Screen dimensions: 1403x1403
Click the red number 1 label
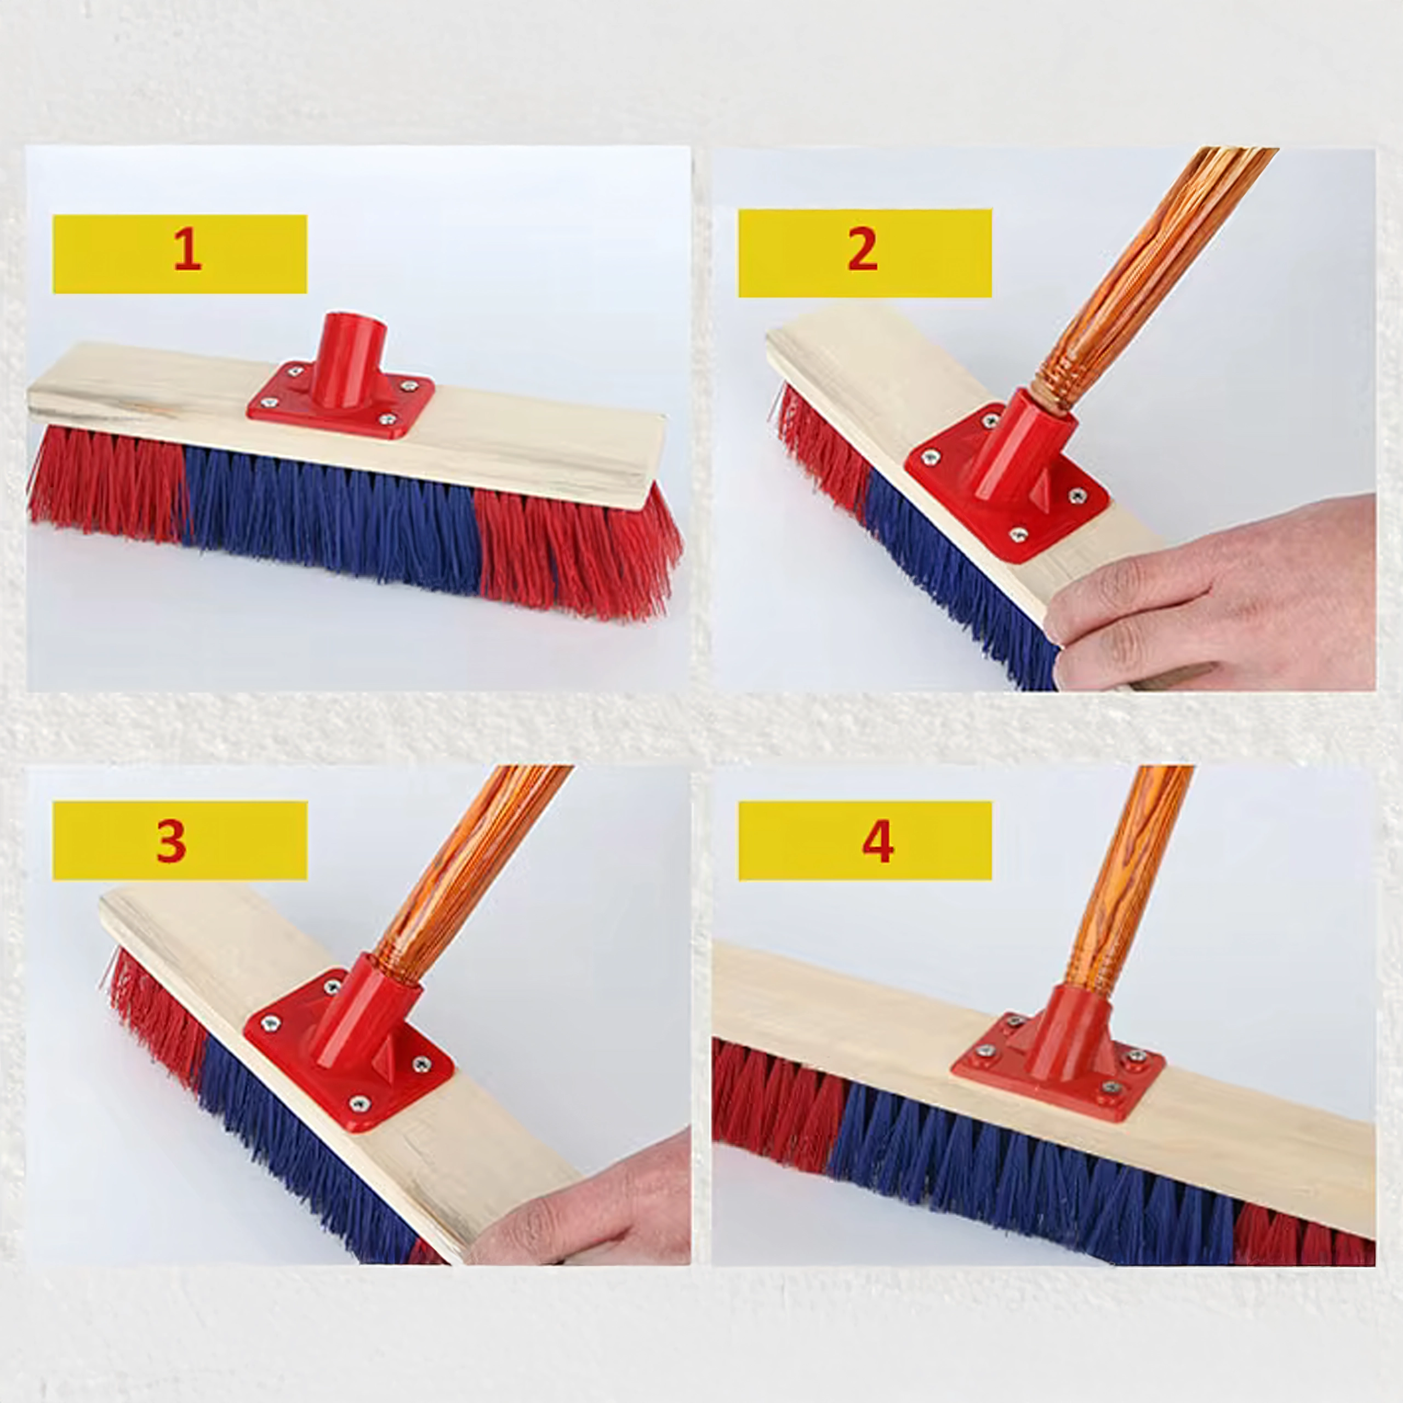point(187,249)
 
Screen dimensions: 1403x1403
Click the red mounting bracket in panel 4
point(1059,1051)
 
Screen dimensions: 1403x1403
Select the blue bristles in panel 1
point(330,512)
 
